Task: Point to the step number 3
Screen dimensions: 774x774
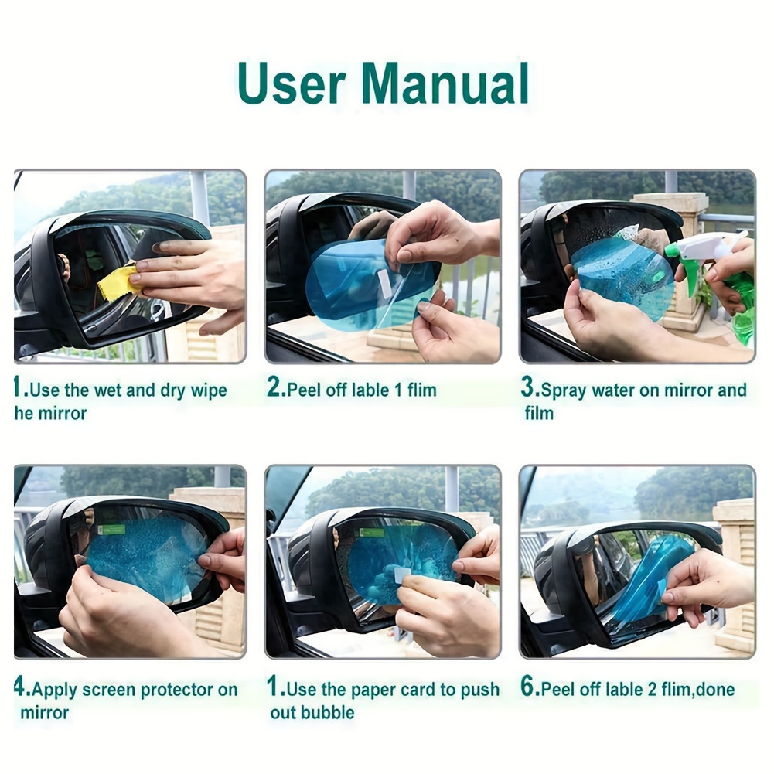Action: pyautogui.click(x=527, y=387)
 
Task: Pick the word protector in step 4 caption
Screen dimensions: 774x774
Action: pyautogui.click(x=177, y=690)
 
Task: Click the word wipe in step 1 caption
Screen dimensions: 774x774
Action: pyautogui.click(x=209, y=391)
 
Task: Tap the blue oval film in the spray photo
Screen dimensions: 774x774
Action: pyautogui.click(x=623, y=278)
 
